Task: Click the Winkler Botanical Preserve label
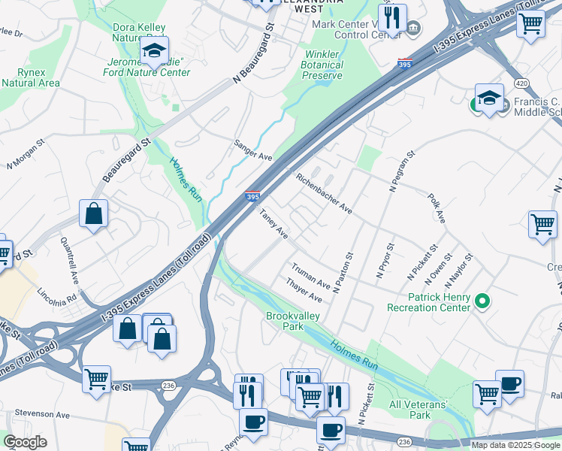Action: click(323, 65)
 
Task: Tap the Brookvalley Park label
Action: click(294, 322)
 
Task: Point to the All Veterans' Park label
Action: click(419, 410)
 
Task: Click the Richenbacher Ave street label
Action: click(324, 193)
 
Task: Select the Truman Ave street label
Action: click(311, 275)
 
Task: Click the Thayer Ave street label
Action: click(304, 290)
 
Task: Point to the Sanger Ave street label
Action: click(252, 150)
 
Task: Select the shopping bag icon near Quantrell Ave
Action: click(95, 214)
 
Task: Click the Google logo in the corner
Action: click(25, 442)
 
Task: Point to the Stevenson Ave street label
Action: click(43, 414)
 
